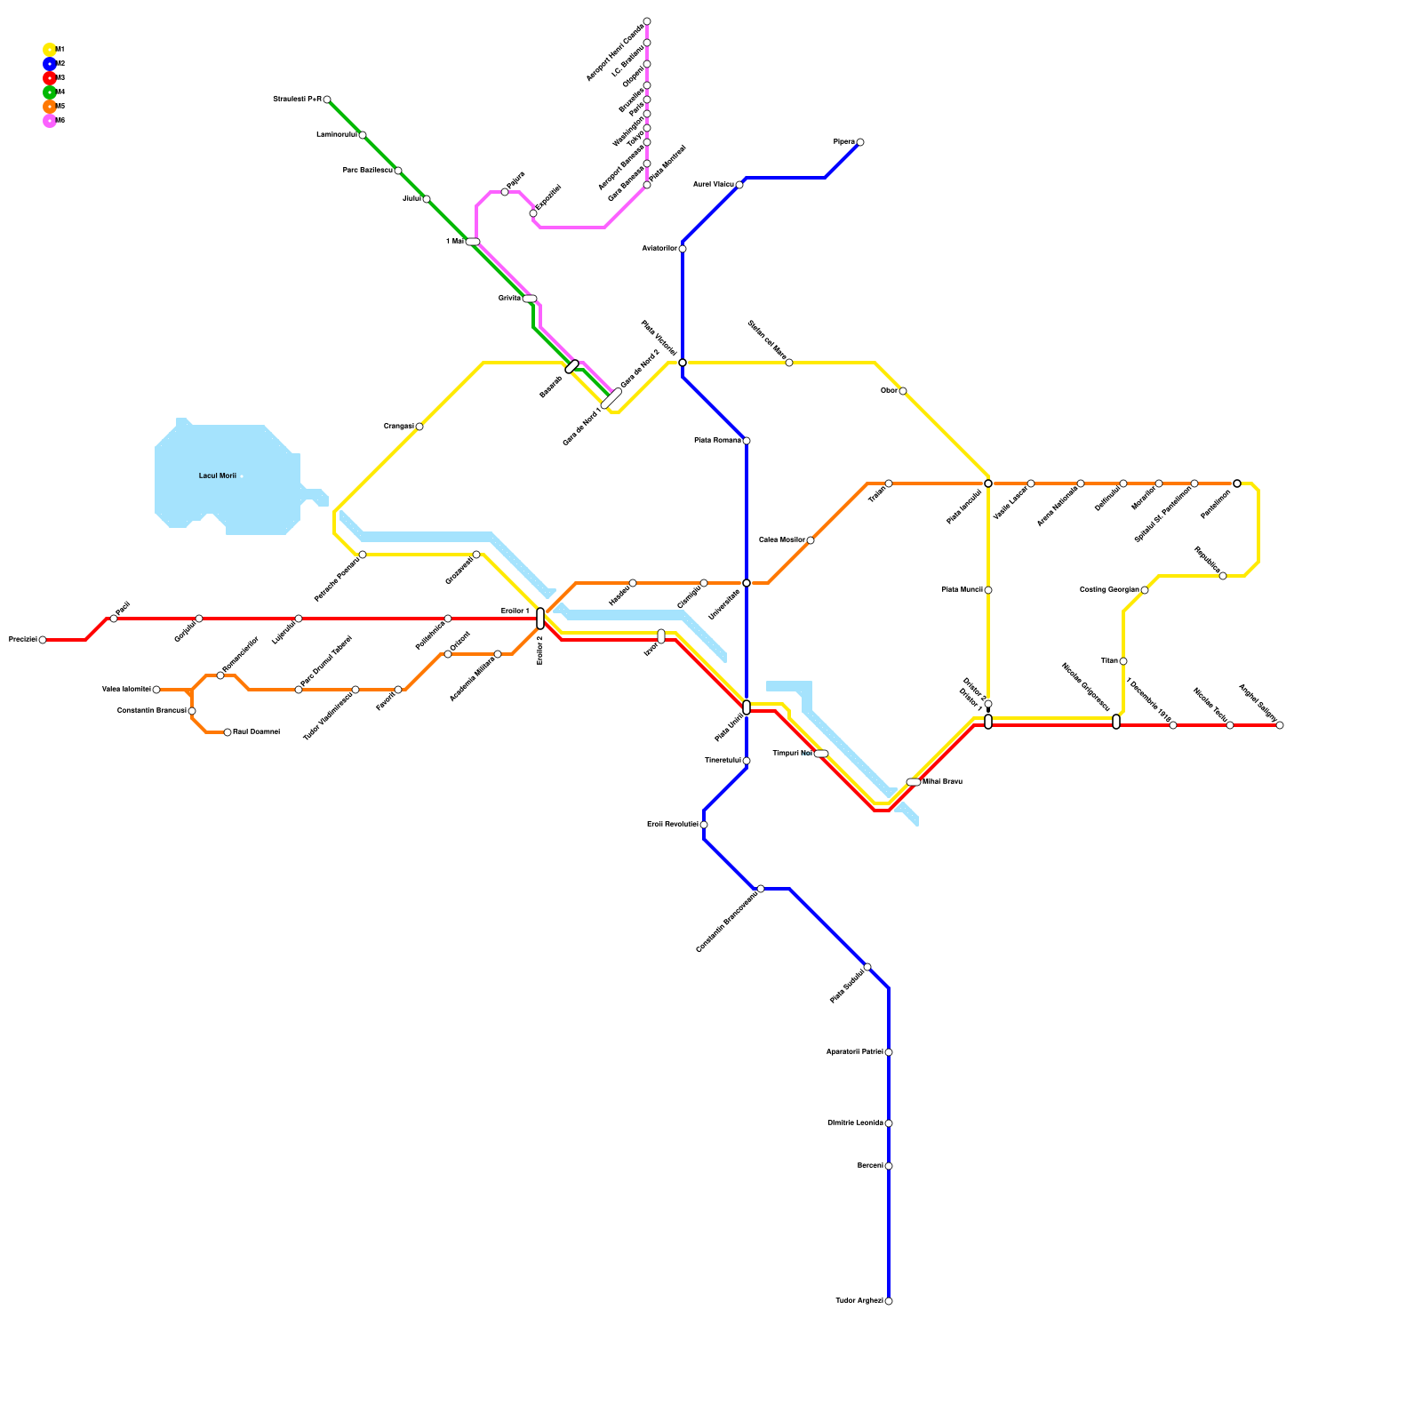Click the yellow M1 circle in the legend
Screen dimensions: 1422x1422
(50, 50)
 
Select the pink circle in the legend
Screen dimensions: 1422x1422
(50, 121)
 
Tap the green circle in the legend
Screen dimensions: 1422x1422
(50, 92)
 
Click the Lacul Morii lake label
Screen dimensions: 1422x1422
(218, 476)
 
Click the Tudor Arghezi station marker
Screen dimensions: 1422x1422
(889, 1301)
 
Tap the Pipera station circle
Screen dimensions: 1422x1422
(860, 142)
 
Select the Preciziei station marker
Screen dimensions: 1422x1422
(43, 640)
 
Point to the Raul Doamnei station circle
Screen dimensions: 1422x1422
(228, 732)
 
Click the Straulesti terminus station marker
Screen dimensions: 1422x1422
(327, 100)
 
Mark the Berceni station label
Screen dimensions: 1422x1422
(870, 1166)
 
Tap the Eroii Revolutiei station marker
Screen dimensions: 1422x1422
(704, 825)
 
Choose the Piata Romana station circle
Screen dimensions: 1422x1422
(747, 441)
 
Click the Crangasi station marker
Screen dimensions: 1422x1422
(419, 427)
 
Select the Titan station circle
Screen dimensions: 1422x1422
(1123, 661)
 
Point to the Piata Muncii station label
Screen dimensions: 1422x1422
(962, 590)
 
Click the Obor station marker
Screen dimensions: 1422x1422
(903, 391)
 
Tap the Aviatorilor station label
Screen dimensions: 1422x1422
(659, 249)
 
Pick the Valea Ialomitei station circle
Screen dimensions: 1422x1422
(156, 690)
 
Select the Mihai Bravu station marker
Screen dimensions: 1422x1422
(914, 782)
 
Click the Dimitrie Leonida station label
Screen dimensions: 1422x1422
(855, 1123)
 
